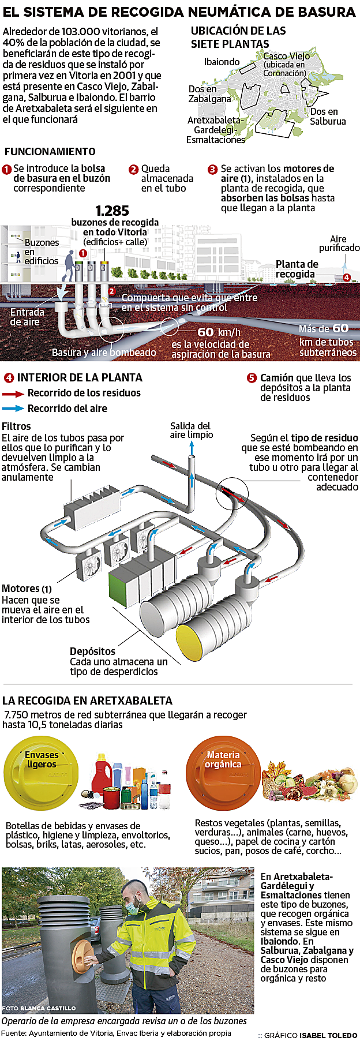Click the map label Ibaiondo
[222, 62]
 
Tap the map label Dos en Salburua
[327, 116]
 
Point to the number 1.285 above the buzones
[112, 211]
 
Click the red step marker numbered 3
[212, 169]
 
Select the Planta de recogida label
[297, 269]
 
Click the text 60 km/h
[219, 332]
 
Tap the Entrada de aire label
[27, 317]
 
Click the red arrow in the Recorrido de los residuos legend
[13, 394]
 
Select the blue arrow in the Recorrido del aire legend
[13, 409]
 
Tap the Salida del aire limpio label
[191, 430]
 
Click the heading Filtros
[16, 426]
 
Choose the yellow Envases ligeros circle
[41, 771]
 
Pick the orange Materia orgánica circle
[223, 771]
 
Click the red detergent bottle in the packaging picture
[103, 771]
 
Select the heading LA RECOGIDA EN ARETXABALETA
[87, 701]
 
